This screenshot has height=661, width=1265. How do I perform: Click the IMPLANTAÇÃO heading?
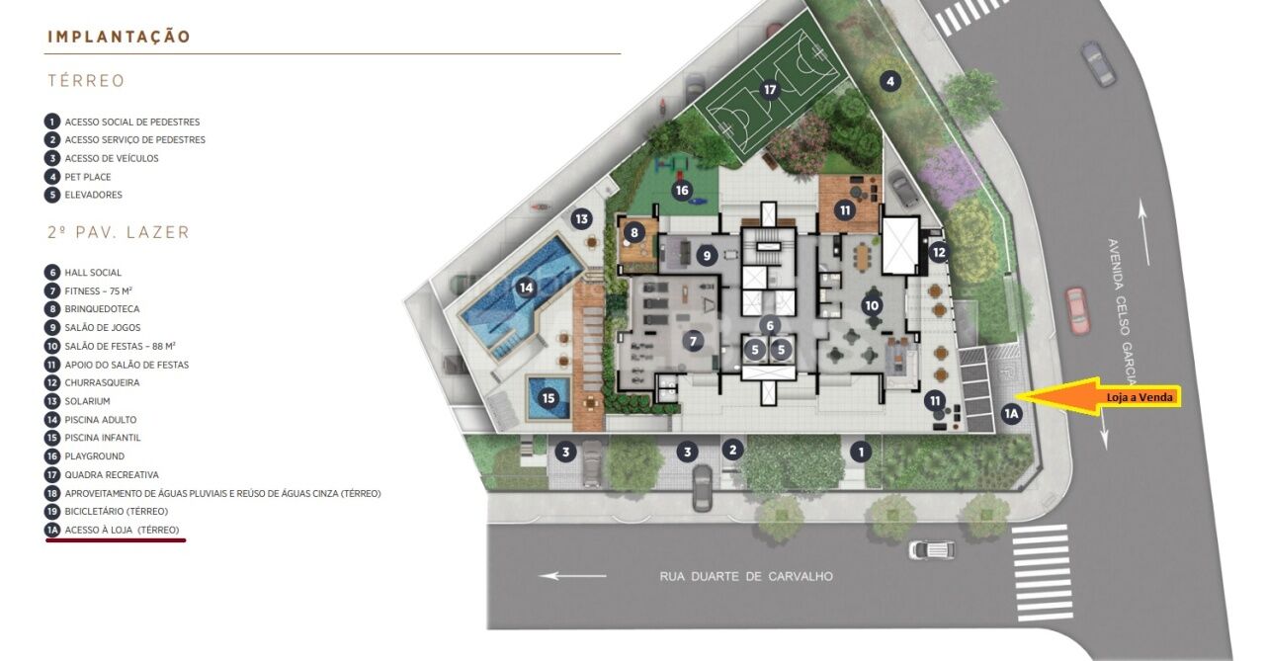coord(120,37)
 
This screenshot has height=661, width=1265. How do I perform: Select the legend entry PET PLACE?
coord(88,177)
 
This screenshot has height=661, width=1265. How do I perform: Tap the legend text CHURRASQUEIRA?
coord(102,382)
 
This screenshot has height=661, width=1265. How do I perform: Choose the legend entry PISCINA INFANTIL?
coord(102,438)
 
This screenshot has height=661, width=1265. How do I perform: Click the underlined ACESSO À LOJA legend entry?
coord(122,530)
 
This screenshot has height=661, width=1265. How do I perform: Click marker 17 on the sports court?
coord(770,90)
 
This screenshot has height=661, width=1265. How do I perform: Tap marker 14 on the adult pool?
coord(526,288)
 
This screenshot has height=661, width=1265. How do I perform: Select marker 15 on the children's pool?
coord(548,398)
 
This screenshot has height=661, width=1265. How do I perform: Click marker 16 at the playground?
coord(682,191)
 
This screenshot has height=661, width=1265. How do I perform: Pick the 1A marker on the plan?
coord(1011,414)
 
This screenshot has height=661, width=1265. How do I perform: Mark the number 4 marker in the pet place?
coord(890,81)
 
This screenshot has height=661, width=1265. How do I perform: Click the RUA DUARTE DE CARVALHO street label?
coord(746,576)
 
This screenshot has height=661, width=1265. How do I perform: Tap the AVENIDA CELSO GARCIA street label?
coord(1122,311)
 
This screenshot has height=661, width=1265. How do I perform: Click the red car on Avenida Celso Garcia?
coord(1077,311)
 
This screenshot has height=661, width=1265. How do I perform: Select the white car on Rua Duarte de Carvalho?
coord(932,549)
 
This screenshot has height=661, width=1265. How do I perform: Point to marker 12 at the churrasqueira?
coord(939,252)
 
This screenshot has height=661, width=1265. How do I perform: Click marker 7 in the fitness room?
coord(693,341)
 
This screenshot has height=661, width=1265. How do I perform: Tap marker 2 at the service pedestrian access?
coord(733,450)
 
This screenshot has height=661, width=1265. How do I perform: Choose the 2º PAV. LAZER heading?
coord(119,232)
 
